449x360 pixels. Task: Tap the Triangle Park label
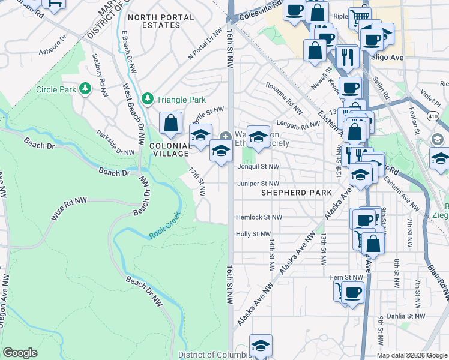[x=181, y=100]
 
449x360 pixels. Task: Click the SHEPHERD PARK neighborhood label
[x=296, y=193]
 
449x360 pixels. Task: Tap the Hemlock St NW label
[x=259, y=217]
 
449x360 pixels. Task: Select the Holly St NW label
[x=253, y=234]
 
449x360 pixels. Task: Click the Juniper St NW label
[x=258, y=184]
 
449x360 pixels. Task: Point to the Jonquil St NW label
[x=258, y=167]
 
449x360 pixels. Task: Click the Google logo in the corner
[x=20, y=353]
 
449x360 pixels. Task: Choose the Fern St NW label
[x=348, y=277]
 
